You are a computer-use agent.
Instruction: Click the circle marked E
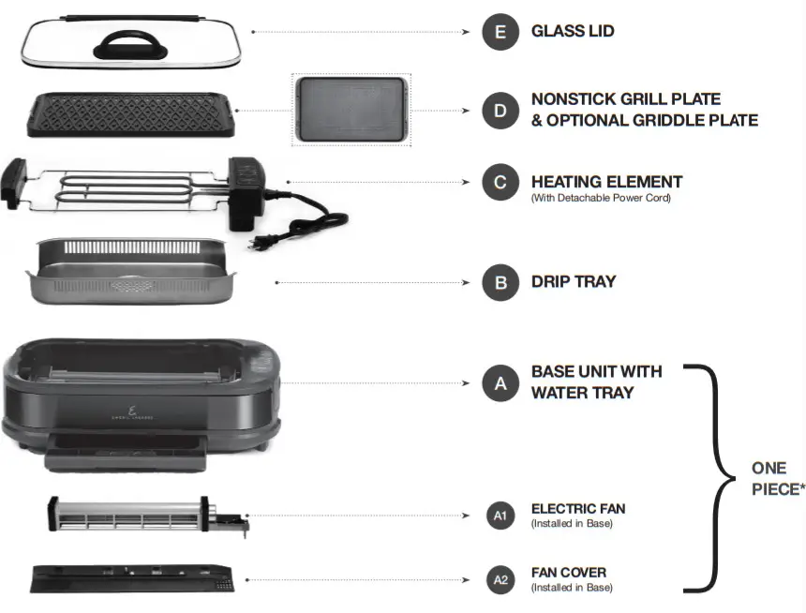(x=500, y=32)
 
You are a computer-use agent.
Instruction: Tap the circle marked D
(x=500, y=111)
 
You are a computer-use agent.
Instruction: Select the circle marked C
(x=500, y=182)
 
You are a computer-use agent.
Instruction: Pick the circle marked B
(x=500, y=282)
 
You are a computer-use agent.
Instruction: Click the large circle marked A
(x=500, y=382)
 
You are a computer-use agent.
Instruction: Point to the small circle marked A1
(x=500, y=516)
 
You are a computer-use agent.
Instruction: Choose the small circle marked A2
(x=500, y=580)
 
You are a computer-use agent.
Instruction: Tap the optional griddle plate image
(x=351, y=111)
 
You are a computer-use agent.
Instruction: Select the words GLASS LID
(x=573, y=32)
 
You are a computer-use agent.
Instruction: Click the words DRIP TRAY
(x=574, y=282)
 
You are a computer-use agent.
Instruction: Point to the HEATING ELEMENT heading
(x=606, y=182)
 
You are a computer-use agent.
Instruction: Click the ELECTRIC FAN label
(x=577, y=509)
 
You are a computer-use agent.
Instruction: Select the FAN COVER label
(x=568, y=573)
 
